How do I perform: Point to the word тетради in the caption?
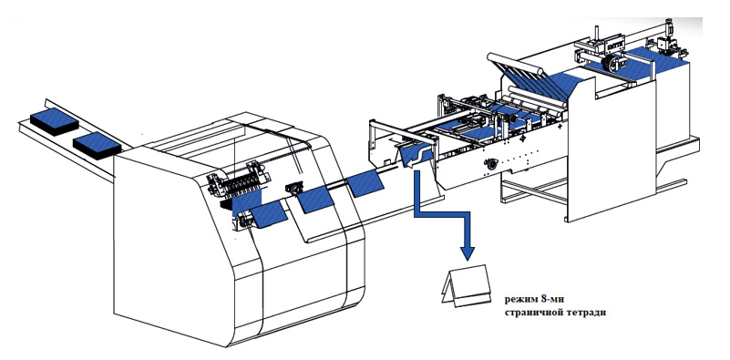tap(587, 313)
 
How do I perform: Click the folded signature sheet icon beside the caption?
tap(466, 286)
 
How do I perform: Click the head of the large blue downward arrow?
tap(468, 252)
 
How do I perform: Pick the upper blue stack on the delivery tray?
tap(54, 121)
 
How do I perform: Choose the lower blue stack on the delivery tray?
tap(97, 145)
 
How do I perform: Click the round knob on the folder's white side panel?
tap(489, 164)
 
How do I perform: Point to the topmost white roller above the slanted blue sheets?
tap(515, 63)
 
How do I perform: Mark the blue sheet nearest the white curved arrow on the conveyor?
tap(367, 183)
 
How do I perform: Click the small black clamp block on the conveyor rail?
tap(293, 187)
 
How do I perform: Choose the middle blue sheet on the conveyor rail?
tap(315, 200)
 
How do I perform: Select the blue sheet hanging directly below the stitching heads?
tap(247, 202)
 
